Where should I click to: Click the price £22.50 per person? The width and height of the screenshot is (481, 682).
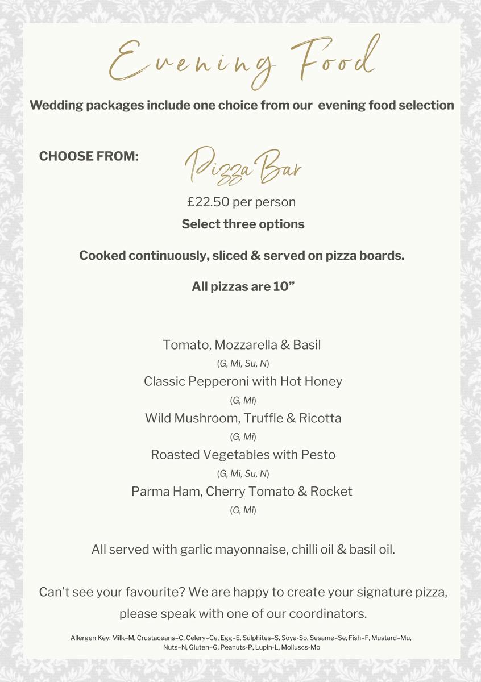(x=242, y=202)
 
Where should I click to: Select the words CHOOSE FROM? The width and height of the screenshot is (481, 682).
(x=89, y=156)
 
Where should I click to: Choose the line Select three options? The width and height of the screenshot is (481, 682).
(x=243, y=224)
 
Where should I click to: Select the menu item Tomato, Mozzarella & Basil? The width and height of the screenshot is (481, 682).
(x=242, y=345)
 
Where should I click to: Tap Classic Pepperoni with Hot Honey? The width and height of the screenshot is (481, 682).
(x=243, y=381)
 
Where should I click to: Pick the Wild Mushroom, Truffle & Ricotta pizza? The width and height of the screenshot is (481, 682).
(x=243, y=418)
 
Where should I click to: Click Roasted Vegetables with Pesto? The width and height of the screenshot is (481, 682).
(x=243, y=455)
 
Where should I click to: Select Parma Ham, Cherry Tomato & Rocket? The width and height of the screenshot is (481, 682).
(x=242, y=491)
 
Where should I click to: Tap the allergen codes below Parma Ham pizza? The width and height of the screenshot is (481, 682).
(x=243, y=510)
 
